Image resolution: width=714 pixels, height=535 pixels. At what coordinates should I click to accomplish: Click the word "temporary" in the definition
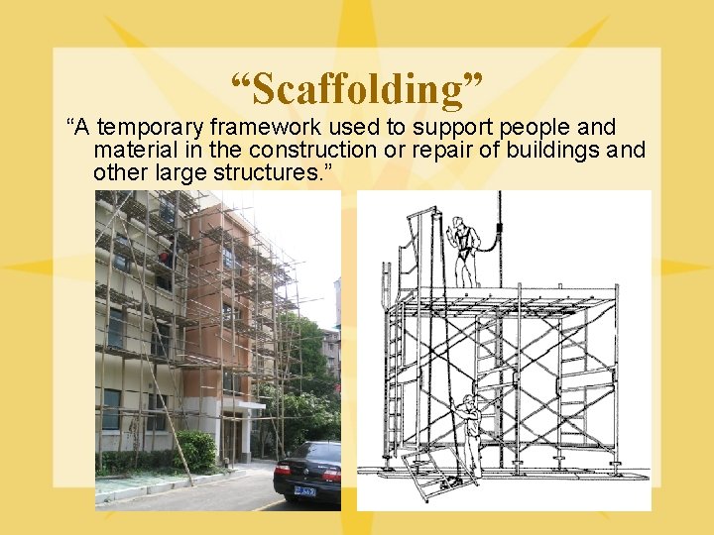[x=147, y=128]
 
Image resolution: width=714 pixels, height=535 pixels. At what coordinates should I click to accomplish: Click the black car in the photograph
[x=309, y=472]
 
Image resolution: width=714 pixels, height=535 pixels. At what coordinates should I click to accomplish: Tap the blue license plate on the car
[x=303, y=488]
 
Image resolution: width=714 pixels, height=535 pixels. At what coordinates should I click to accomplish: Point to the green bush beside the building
[x=196, y=451]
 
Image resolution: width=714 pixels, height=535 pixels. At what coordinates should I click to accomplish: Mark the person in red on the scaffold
[x=167, y=260]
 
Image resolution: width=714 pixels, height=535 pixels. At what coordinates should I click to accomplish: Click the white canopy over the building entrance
[x=244, y=405]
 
